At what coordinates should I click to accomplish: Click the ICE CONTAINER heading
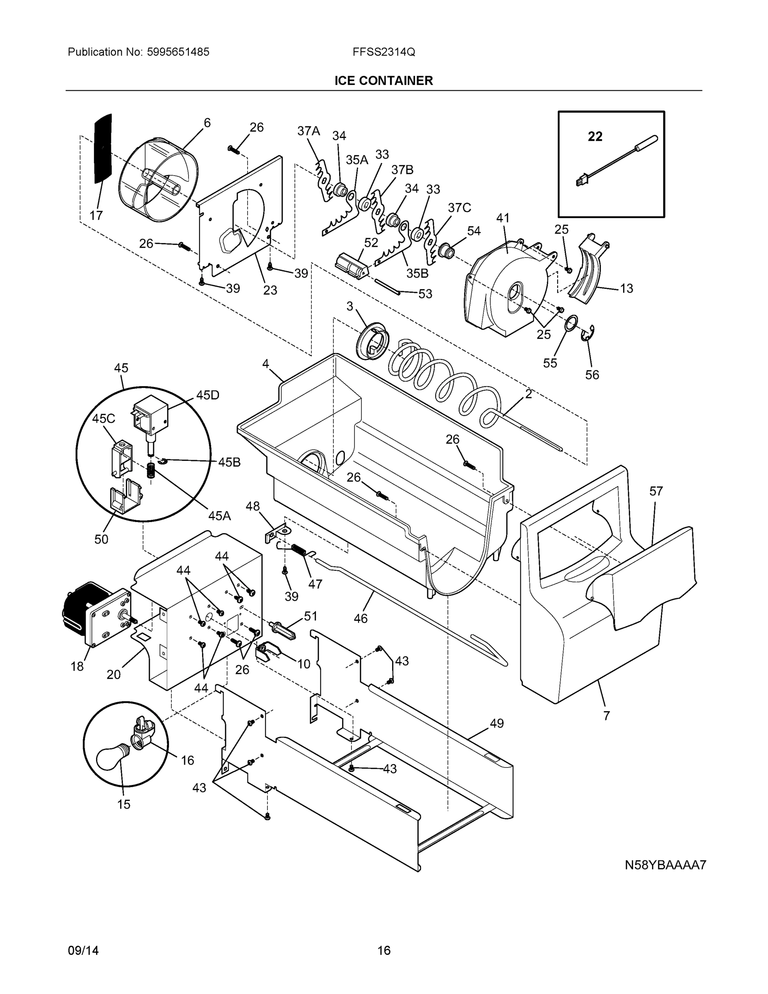pyautogui.click(x=383, y=81)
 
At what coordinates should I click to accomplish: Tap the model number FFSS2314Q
pyautogui.click(x=383, y=52)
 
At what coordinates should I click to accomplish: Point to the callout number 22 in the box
pyautogui.click(x=595, y=136)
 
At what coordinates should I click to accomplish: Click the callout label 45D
pyautogui.click(x=207, y=395)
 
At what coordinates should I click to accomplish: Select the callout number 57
pyautogui.click(x=656, y=491)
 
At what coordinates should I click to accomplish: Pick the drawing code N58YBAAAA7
pyautogui.click(x=665, y=865)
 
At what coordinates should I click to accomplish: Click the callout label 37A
pyautogui.click(x=308, y=131)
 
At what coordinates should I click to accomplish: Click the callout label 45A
pyautogui.click(x=219, y=516)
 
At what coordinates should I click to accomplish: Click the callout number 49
pyautogui.click(x=497, y=723)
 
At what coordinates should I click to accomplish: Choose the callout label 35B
pyautogui.click(x=417, y=273)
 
